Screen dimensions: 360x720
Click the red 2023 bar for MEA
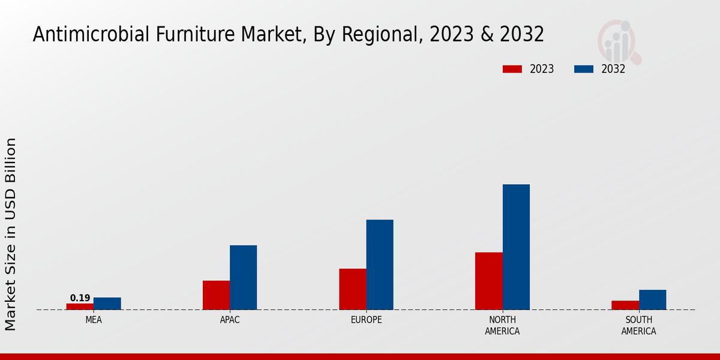pyautogui.click(x=80, y=307)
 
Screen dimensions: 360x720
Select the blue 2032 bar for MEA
pyautogui.click(x=107, y=304)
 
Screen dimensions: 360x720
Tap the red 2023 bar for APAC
pyautogui.click(x=216, y=295)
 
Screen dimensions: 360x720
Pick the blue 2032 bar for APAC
pyautogui.click(x=243, y=277)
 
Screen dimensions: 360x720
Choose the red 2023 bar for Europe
pyautogui.click(x=353, y=289)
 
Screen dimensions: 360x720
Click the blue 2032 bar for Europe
pyautogui.click(x=380, y=265)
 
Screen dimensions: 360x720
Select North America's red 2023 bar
pyautogui.click(x=489, y=281)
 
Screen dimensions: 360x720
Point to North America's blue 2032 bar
pyautogui.click(x=516, y=247)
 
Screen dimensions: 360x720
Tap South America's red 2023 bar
pyautogui.click(x=625, y=305)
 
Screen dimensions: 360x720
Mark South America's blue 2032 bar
pyautogui.click(x=652, y=300)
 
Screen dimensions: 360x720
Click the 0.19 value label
pyautogui.click(x=80, y=298)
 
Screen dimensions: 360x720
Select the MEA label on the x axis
pyautogui.click(x=94, y=320)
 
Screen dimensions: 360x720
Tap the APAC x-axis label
pyautogui.click(x=230, y=320)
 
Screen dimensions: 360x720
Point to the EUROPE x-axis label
pyautogui.click(x=366, y=320)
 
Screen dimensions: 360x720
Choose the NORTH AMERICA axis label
pyautogui.click(x=502, y=325)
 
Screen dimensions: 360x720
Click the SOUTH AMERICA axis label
pyautogui.click(x=638, y=325)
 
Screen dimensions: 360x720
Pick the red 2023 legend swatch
pyautogui.click(x=512, y=69)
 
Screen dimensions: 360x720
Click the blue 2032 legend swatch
pyautogui.click(x=584, y=69)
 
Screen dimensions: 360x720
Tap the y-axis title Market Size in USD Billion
pyautogui.click(x=11, y=234)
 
